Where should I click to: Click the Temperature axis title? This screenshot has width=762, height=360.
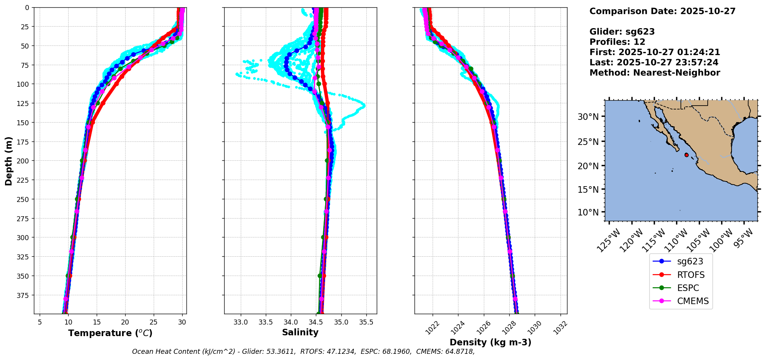tap(110, 333)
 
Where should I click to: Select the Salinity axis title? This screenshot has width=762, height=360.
tap(300, 332)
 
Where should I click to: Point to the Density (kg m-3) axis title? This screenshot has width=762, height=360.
tap(490, 342)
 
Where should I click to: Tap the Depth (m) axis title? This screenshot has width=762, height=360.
tap(8, 161)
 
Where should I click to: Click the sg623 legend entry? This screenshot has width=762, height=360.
tap(690, 261)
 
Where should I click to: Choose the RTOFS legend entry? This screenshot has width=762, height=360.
tap(691, 275)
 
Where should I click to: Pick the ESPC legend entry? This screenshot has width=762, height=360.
tap(688, 288)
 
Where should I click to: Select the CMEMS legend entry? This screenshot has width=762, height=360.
tap(693, 301)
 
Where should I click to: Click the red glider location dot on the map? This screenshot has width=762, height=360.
tap(686, 155)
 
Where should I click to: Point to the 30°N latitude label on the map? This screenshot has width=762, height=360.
tap(588, 117)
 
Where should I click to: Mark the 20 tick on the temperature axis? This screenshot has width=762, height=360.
tap(125, 322)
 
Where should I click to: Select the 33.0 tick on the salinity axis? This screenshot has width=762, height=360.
tap(241, 322)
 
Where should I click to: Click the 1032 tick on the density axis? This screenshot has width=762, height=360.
tap(561, 326)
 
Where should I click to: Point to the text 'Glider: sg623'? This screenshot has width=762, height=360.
tap(622, 32)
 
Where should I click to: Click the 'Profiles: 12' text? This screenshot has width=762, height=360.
tap(617, 42)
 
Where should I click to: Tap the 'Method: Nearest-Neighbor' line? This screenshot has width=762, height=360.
tap(655, 72)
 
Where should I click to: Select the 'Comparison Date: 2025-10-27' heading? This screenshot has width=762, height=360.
tap(662, 11)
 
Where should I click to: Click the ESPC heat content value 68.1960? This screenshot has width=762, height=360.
tap(397, 352)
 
